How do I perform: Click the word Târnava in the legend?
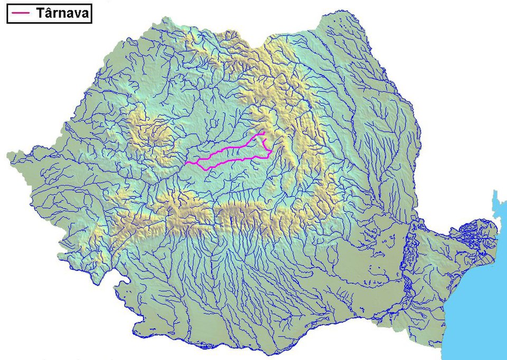click(62, 14)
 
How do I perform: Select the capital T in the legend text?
click(41, 14)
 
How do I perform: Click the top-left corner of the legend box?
click(7, 5)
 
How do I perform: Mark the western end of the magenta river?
click(185, 163)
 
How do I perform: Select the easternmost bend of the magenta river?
click(272, 152)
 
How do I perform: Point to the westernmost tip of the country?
click(7, 155)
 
